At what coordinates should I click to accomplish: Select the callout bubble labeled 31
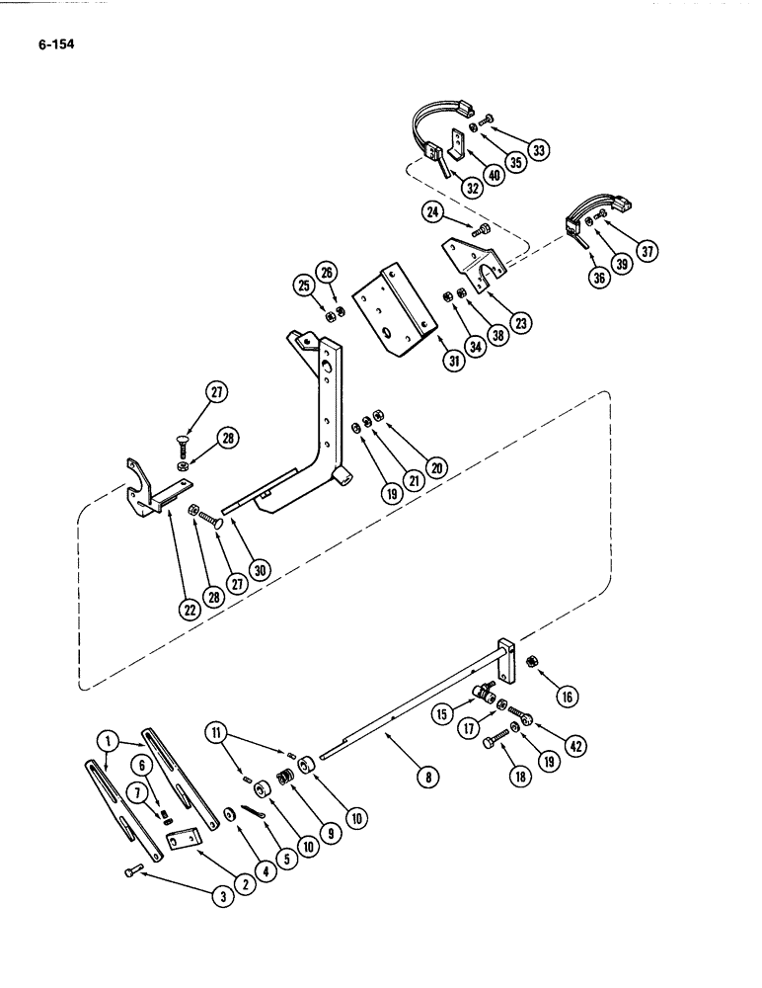click(x=454, y=363)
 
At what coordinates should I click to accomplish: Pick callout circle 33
click(x=538, y=150)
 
